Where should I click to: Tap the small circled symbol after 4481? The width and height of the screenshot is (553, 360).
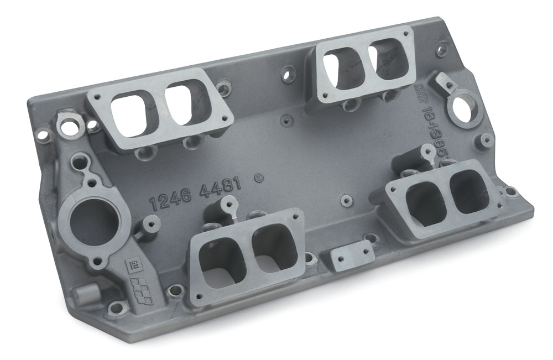(x=258, y=178)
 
